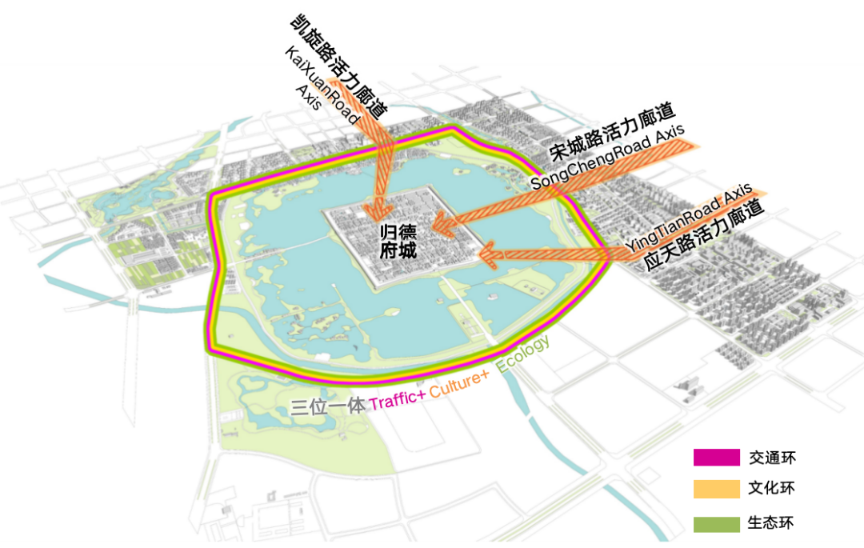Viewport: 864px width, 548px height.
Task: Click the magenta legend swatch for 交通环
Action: pyautogui.click(x=716, y=458)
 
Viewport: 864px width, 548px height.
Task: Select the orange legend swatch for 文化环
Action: pyautogui.click(x=716, y=488)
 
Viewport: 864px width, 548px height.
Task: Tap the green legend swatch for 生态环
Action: pyautogui.click(x=716, y=524)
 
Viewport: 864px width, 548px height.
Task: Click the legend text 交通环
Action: pyautogui.click(x=772, y=458)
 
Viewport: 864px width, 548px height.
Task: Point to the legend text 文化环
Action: pyautogui.click(x=772, y=488)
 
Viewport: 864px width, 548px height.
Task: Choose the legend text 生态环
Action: pyautogui.click(x=772, y=524)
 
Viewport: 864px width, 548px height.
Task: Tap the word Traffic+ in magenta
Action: pyautogui.click(x=397, y=402)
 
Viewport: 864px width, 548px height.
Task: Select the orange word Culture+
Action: pyautogui.click(x=459, y=388)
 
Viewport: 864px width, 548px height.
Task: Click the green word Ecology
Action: pyautogui.click(x=524, y=355)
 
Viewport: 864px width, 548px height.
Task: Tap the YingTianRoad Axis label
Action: pyautogui.click(x=689, y=219)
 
